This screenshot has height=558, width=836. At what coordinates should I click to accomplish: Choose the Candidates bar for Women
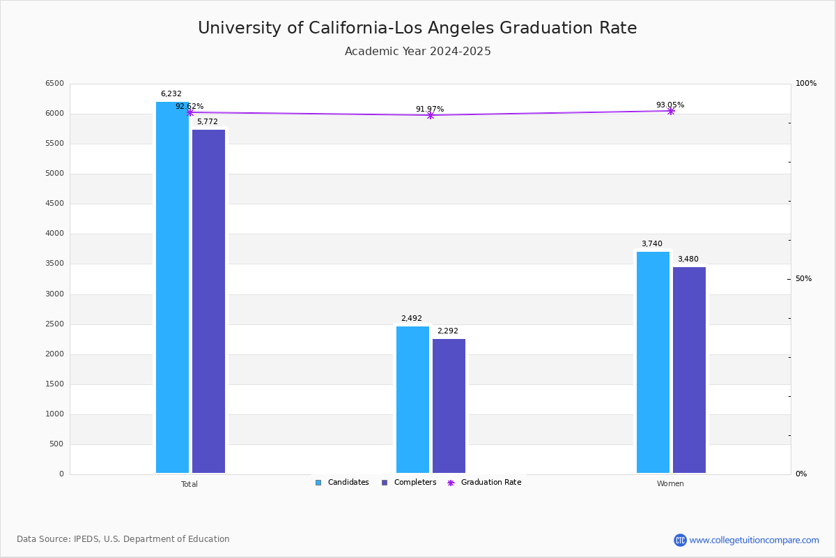pos(653,362)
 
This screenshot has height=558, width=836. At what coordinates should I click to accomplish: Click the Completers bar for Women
pos(689,370)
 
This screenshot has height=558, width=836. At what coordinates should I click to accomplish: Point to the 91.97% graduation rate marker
pos(430,115)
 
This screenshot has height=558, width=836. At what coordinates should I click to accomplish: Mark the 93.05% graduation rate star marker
pos(671,111)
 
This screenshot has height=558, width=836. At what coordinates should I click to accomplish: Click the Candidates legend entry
pos(342,483)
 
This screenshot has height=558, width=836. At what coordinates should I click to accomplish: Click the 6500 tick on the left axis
pos(54,84)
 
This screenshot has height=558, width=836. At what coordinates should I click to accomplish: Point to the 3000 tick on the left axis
pos(54,294)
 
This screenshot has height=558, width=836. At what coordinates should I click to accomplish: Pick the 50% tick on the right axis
pos(803,279)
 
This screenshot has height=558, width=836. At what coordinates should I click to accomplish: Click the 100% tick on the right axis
pos(806,84)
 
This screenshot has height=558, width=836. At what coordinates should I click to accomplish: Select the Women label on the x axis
pos(670,484)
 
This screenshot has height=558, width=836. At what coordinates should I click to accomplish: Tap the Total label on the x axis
pos(189,484)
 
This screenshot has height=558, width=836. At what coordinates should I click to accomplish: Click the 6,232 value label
pos(171,94)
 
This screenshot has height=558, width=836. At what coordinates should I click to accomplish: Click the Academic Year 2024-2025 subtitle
pos(418,52)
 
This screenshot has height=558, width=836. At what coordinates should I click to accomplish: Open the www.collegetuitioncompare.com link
pos(754,540)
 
